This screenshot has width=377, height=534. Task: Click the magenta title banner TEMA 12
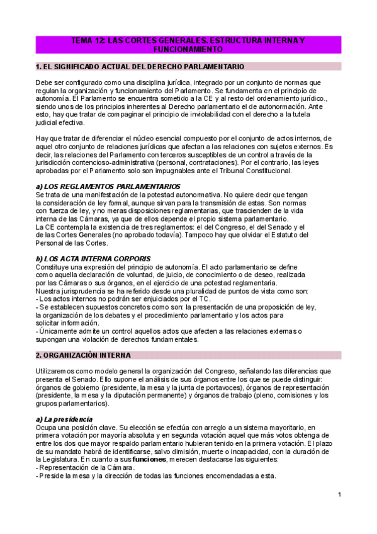click(188, 44)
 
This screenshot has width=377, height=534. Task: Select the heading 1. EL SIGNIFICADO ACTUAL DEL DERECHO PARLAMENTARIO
click(140, 66)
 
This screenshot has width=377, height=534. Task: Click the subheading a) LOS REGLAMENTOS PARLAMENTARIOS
click(108, 186)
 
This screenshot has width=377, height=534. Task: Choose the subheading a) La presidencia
click(64, 419)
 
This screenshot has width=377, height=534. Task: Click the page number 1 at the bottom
click(339, 494)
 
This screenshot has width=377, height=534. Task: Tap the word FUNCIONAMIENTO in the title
click(188, 48)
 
